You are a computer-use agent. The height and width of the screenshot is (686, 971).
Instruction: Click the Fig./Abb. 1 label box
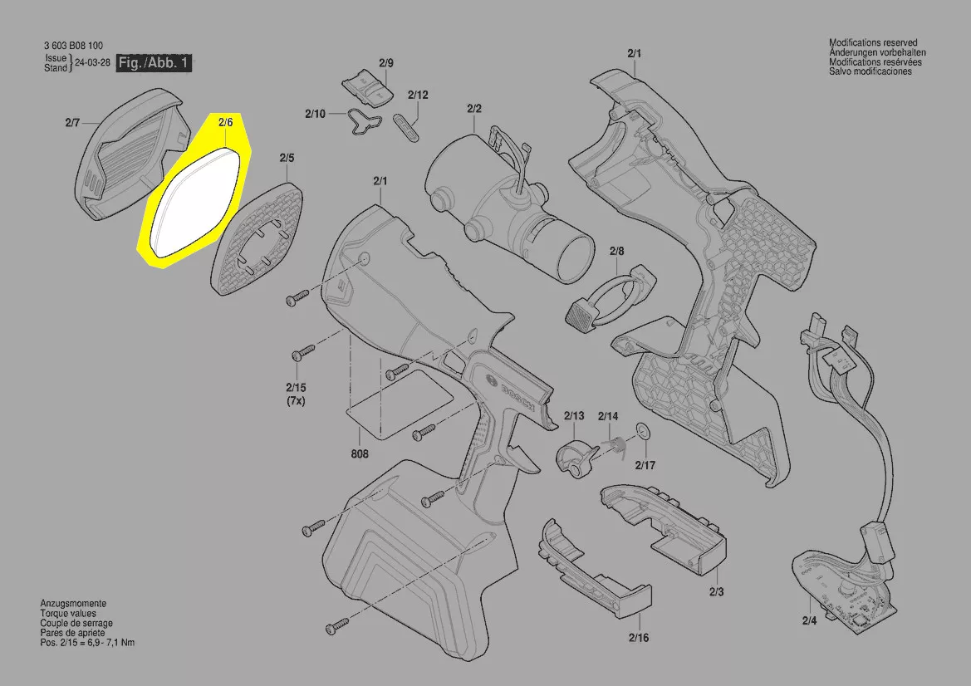(x=154, y=62)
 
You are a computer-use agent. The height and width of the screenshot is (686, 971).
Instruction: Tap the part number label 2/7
(x=72, y=123)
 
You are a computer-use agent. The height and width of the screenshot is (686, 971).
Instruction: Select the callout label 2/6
(x=225, y=123)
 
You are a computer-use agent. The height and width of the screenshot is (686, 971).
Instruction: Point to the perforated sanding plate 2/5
(x=258, y=238)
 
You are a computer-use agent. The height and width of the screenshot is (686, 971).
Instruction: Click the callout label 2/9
(x=385, y=62)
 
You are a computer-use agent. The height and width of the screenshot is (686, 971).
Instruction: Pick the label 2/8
(x=617, y=251)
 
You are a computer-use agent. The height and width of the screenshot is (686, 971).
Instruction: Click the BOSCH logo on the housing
(x=517, y=393)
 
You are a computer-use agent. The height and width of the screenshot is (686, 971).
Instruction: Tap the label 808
(x=360, y=453)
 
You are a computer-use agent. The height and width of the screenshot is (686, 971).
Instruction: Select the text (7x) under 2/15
(x=296, y=400)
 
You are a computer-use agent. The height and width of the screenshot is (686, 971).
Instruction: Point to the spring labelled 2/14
(x=614, y=443)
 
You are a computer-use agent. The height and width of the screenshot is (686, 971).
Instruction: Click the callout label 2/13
(x=574, y=415)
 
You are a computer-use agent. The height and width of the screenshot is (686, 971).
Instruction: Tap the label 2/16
(x=639, y=637)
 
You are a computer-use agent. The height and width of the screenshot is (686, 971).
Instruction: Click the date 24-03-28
(x=92, y=62)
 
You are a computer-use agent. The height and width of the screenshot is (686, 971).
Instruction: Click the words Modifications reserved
(x=873, y=42)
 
